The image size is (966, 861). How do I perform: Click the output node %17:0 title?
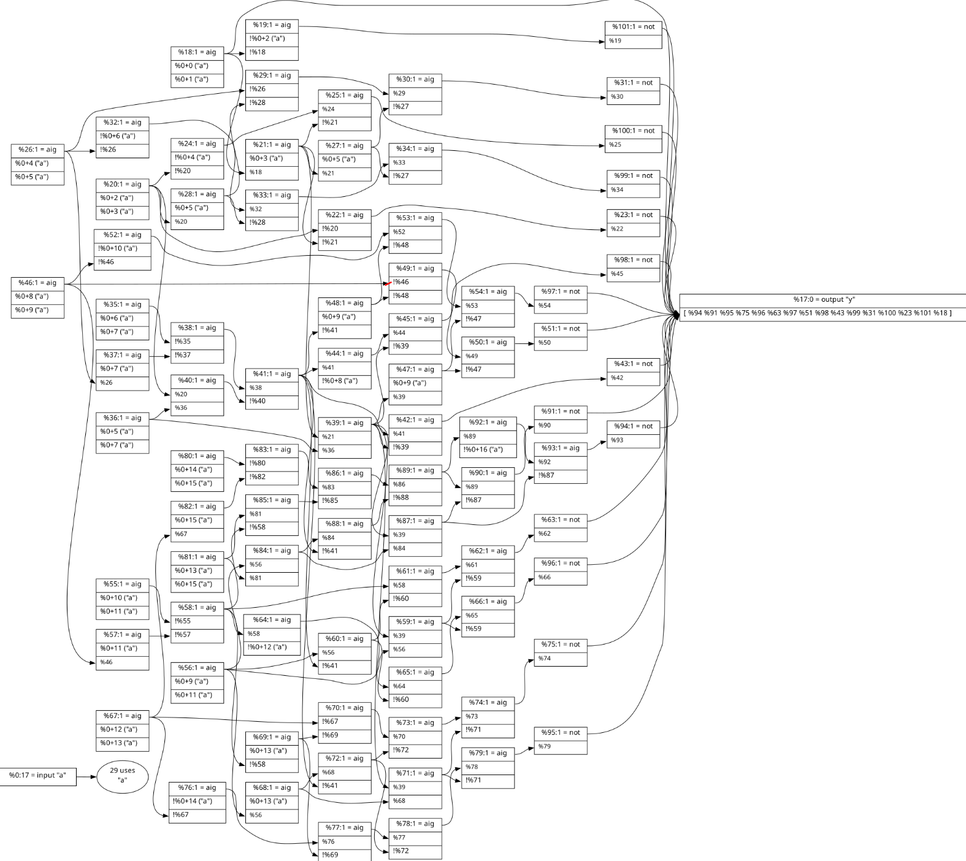pos(823,300)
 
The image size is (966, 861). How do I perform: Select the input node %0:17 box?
pos(37,775)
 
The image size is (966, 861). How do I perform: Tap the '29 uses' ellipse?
pos(122,776)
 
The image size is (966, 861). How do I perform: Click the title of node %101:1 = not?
pos(633,27)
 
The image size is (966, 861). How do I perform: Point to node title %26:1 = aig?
pos(37,150)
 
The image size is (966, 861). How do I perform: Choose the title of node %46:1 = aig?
pos(37,283)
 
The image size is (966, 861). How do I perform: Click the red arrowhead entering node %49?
pos(387,283)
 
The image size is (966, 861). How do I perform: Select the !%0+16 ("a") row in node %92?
pos(488,450)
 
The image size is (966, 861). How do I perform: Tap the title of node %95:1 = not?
pos(560,732)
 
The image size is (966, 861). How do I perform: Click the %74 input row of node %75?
pos(560,659)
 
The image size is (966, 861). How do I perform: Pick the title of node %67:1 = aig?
pos(122,716)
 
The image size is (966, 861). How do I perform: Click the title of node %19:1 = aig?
pos(272,25)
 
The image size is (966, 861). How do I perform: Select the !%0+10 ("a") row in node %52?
pos(122,248)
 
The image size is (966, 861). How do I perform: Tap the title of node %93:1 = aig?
pos(560,448)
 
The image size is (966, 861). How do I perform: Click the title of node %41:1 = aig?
pos(272,374)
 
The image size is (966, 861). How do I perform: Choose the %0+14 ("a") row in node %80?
pos(197,470)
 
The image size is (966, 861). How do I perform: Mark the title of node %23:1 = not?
pos(633,215)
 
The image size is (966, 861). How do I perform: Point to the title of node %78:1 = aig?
pos(415,824)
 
